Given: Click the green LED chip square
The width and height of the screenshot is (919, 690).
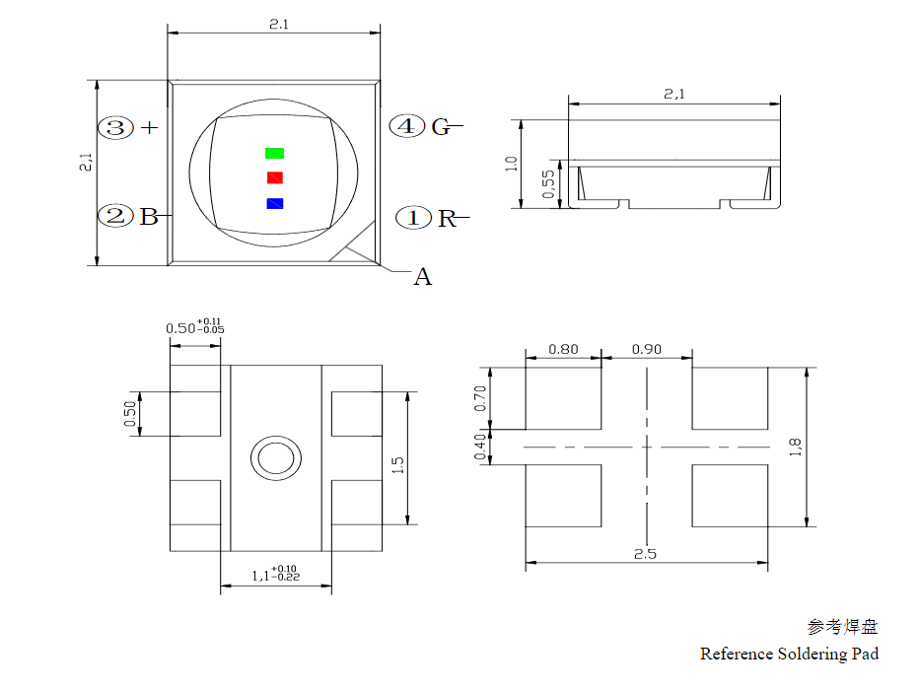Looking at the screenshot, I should click(x=274, y=153).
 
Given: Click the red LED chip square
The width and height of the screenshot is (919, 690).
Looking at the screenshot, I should click(x=274, y=177).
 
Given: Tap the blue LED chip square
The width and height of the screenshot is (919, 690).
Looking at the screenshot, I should click(x=274, y=203).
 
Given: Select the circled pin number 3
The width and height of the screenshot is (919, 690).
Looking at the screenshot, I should click(x=115, y=127).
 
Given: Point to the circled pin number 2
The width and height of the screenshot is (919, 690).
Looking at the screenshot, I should click(x=115, y=216).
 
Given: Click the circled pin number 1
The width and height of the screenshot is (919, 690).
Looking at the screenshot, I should click(x=414, y=218).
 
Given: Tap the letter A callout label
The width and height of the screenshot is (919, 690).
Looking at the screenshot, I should click(x=422, y=277).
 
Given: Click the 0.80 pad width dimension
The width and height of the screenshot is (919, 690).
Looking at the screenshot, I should click(x=563, y=349).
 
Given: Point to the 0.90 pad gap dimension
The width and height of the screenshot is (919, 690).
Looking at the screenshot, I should click(x=646, y=349).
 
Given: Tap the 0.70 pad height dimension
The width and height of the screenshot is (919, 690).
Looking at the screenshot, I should click(x=481, y=397).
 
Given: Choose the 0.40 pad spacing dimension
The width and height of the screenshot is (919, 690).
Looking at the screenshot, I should click(x=481, y=447).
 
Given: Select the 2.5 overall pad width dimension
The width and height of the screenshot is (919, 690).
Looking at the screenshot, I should click(x=645, y=554).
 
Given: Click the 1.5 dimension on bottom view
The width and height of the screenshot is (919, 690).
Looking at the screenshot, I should click(x=398, y=464).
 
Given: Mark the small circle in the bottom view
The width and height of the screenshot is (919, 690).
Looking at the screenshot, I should click(x=275, y=458).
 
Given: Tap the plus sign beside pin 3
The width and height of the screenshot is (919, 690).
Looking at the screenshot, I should click(x=150, y=127).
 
